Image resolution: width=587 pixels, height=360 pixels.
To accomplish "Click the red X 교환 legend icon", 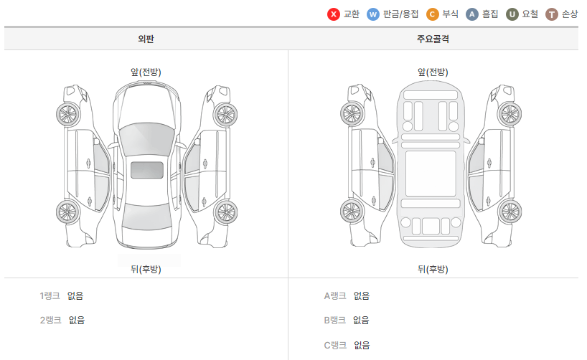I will (x=334, y=14).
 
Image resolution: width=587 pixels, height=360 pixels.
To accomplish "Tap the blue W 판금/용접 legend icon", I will (x=373, y=14).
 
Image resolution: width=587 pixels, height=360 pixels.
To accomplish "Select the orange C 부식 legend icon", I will (x=433, y=14).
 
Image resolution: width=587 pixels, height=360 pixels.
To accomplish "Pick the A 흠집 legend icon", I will (x=472, y=14).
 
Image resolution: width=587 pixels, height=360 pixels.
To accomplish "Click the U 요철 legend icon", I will (x=512, y=14).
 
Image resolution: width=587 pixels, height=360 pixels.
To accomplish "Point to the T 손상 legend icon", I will (x=552, y=14).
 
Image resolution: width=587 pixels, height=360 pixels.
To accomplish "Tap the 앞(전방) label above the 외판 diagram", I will (x=146, y=72).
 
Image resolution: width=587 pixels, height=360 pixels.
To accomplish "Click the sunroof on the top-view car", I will (x=147, y=170).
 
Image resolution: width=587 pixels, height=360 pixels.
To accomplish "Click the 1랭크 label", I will (x=50, y=295).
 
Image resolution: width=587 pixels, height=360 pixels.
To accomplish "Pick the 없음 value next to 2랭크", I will (x=77, y=321).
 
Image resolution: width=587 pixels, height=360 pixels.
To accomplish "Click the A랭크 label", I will (x=335, y=295).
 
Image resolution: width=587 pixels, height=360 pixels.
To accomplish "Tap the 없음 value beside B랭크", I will (x=362, y=321).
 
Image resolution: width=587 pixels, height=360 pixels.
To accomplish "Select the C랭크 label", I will (x=335, y=345).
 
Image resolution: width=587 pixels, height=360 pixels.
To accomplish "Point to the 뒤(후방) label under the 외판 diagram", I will (x=146, y=269).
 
